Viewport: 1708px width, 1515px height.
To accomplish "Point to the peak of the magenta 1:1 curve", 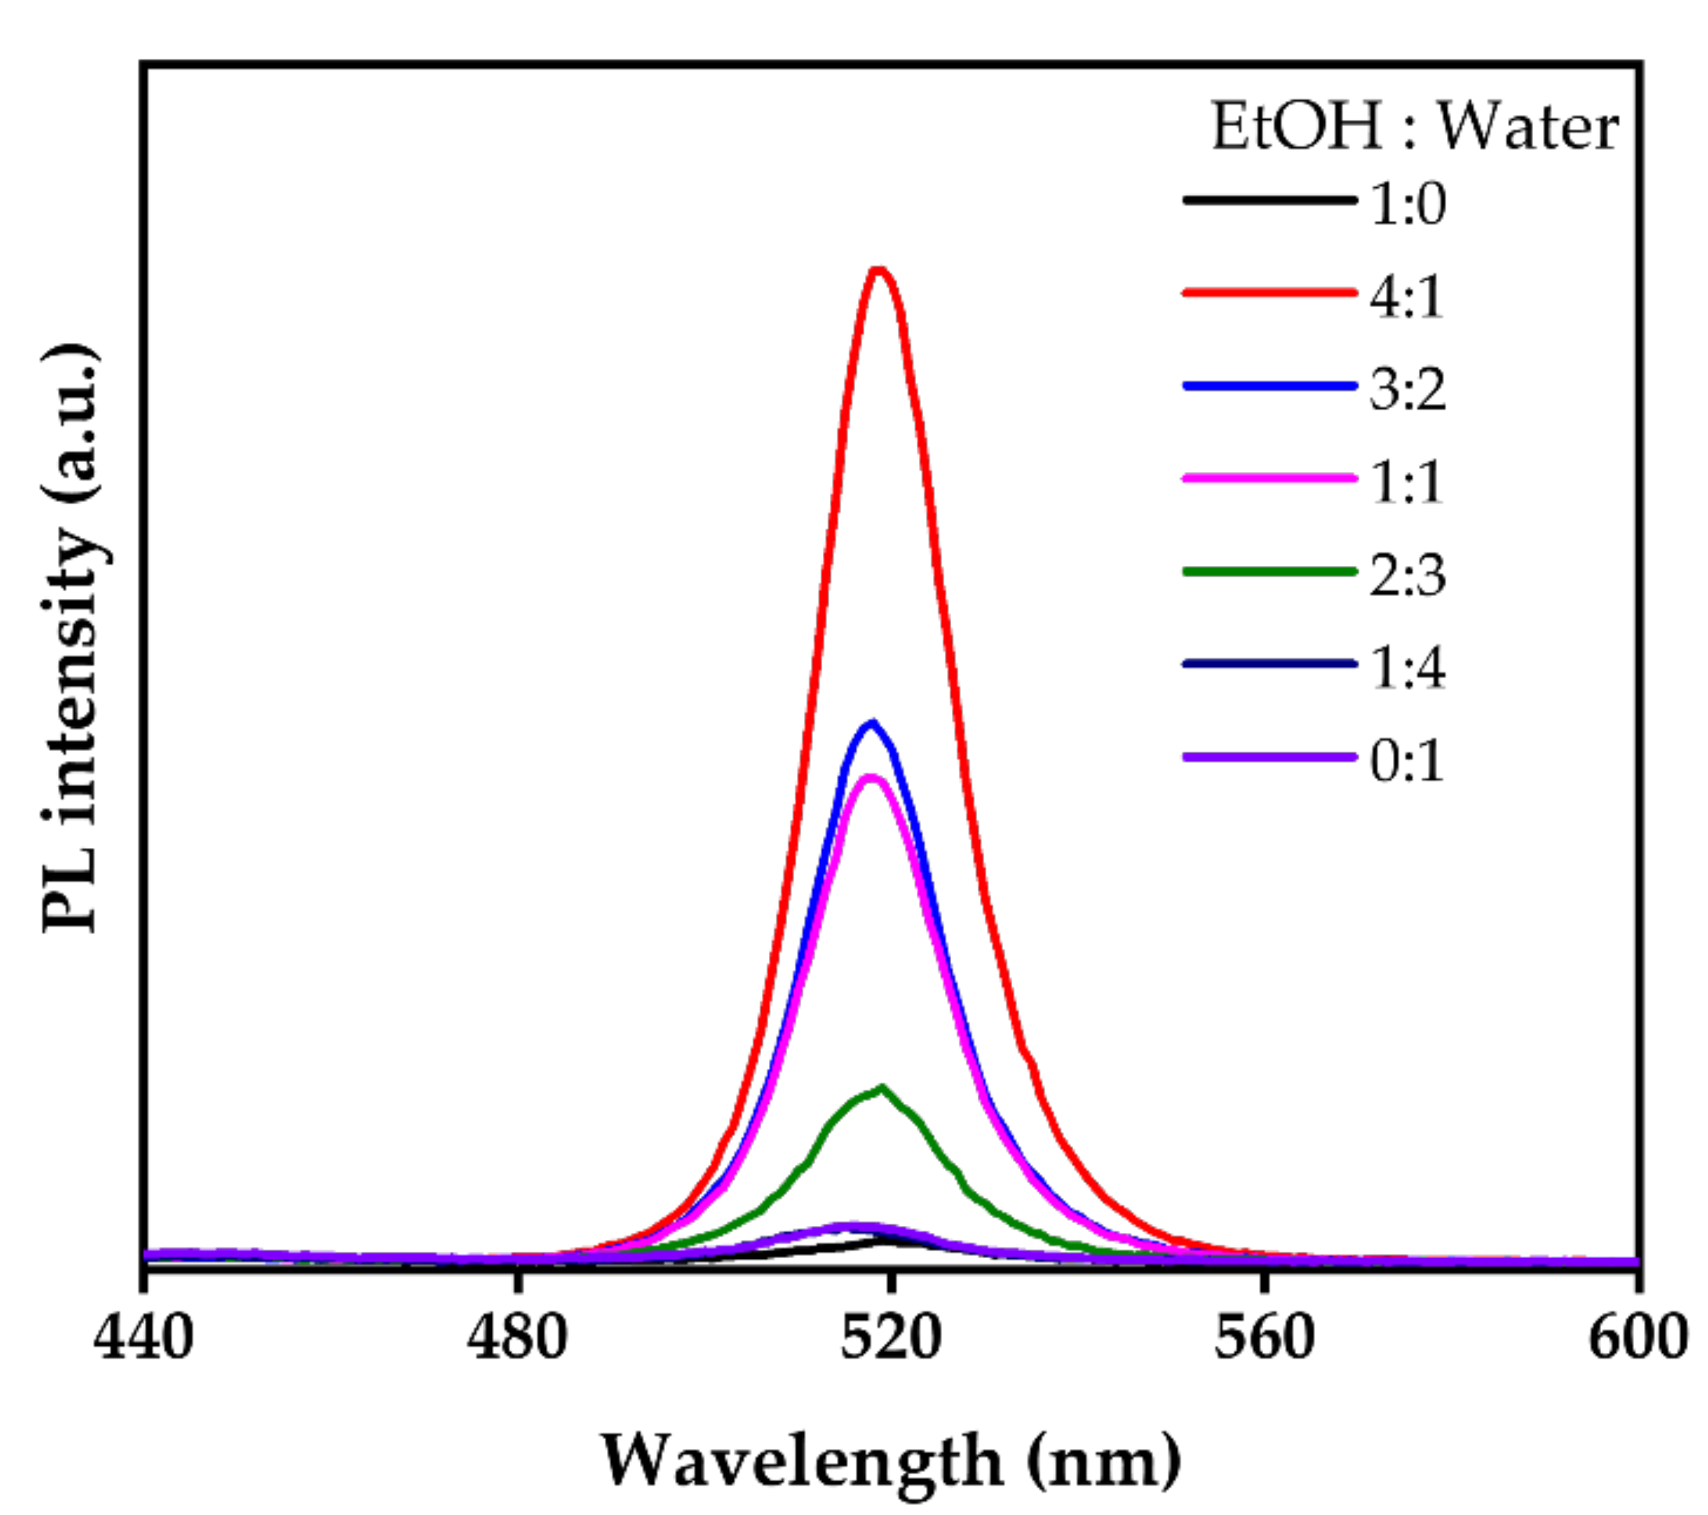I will [872, 779].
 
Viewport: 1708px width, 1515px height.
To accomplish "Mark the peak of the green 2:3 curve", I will [882, 1088].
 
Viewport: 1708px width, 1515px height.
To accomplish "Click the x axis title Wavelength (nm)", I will [891, 1460].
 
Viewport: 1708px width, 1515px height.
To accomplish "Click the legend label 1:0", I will [1408, 204].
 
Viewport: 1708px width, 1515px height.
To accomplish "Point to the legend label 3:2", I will [1408, 390].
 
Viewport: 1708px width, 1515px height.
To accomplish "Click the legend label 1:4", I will [1408, 669].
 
